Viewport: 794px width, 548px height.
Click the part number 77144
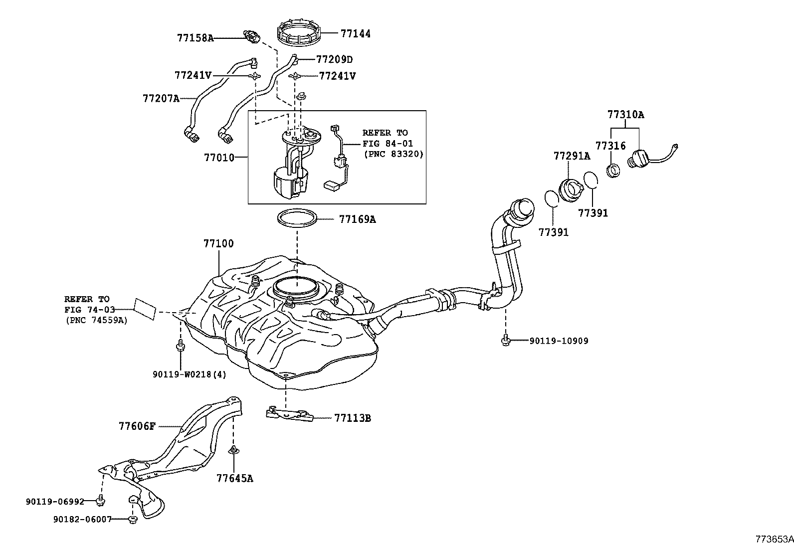point(356,34)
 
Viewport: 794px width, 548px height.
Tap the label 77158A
point(195,37)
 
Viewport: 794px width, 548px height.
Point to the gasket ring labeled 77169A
point(297,218)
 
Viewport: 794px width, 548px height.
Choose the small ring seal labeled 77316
point(613,170)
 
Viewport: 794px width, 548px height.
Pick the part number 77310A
point(625,115)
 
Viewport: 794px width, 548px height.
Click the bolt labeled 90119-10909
point(505,341)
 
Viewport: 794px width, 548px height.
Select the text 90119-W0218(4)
point(190,374)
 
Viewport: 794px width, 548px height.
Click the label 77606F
point(137,426)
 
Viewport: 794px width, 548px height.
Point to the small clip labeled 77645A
point(233,451)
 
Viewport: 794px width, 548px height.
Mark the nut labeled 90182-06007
point(133,520)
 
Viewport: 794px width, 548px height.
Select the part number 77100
point(218,244)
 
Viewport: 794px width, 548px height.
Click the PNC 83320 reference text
point(393,154)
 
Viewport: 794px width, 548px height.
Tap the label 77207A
point(161,98)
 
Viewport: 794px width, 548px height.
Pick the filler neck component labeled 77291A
point(571,189)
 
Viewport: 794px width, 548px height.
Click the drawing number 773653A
point(774,539)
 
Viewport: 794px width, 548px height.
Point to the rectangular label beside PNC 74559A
point(145,309)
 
